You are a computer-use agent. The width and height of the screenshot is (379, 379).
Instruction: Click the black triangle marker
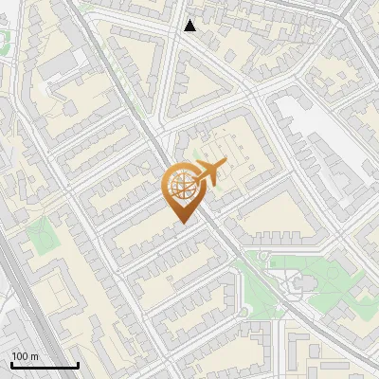[190, 26]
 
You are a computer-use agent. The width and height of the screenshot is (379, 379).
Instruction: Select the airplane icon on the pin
[206, 173]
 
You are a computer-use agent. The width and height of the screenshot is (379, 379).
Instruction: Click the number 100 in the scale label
[21, 356]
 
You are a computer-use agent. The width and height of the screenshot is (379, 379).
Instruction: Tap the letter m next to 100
[34, 356]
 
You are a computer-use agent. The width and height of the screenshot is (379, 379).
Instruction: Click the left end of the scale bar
[11, 365]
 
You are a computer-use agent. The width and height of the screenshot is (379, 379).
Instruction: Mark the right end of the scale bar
[78, 365]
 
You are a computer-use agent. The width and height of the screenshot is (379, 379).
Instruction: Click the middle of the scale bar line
[45, 365]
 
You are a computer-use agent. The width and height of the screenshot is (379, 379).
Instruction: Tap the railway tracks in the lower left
[21, 284]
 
